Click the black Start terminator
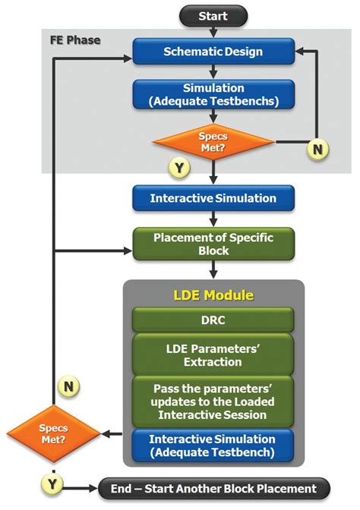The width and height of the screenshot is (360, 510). tap(213, 16)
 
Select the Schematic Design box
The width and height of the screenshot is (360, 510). tap(213, 52)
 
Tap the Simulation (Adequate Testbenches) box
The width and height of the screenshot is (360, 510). tap(213, 94)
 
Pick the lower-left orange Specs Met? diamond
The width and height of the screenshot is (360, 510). tap(54, 434)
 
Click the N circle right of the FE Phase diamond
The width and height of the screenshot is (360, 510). tap(318, 150)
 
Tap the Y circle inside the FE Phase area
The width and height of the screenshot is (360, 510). tap(179, 167)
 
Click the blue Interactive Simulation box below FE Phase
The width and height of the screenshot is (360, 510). tap(213, 198)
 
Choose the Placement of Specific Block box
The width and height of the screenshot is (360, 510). tap(213, 244)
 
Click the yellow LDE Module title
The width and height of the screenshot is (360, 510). tap(213, 294)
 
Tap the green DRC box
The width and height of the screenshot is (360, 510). tap(213, 320)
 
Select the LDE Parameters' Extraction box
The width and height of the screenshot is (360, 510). tap(213, 354)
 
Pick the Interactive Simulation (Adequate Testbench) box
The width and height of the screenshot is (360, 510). tap(213, 445)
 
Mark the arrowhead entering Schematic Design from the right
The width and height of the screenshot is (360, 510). tap(298, 52)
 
